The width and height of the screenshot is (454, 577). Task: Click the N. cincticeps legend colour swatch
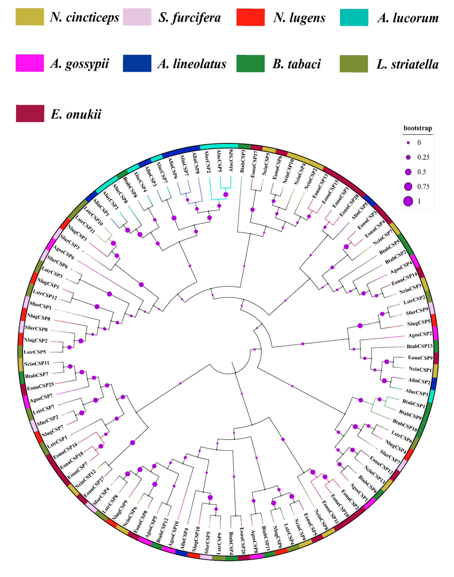click(x=30, y=17)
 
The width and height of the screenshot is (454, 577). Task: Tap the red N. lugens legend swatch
click(x=250, y=17)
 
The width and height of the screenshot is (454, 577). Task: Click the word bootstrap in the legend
click(x=418, y=128)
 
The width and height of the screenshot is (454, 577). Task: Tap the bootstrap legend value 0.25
click(x=423, y=157)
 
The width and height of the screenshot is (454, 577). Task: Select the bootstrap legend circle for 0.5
click(x=408, y=172)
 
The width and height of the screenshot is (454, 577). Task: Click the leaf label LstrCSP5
click(x=35, y=352)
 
